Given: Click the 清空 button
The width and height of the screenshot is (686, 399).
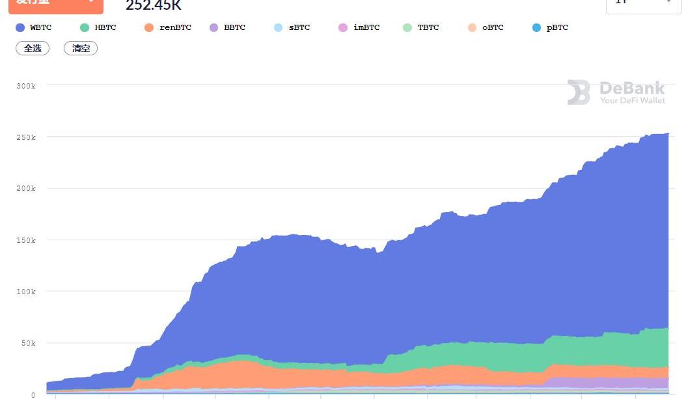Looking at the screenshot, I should pyautogui.click(x=81, y=49).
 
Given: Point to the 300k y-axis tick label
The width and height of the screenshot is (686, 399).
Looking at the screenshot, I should pyautogui.click(x=26, y=86).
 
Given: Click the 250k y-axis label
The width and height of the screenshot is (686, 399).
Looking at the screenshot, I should pyautogui.click(x=26, y=137).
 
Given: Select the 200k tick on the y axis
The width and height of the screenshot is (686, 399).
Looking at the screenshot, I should pyautogui.click(x=26, y=189).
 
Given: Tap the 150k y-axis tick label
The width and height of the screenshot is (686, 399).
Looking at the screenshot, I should pyautogui.click(x=26, y=240).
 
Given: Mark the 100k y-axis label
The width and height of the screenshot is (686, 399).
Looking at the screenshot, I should pyautogui.click(x=26, y=292).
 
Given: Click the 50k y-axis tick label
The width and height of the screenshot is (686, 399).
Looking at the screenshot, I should pyautogui.click(x=28, y=343).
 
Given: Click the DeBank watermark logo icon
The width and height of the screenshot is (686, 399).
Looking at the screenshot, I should pyautogui.click(x=579, y=92).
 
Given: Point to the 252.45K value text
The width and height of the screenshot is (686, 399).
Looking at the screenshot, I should pyautogui.click(x=154, y=6).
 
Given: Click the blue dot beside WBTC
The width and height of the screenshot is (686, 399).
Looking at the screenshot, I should pyautogui.click(x=20, y=28).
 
